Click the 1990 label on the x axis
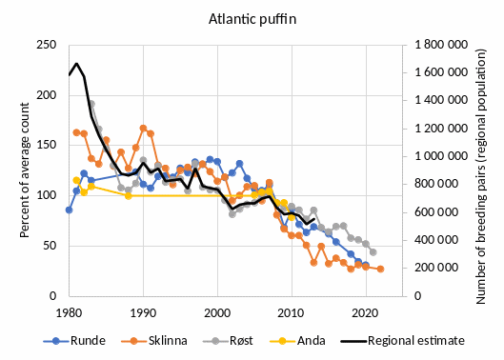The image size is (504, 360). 143,311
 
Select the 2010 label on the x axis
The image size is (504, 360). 292,311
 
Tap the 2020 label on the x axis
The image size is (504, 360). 366,311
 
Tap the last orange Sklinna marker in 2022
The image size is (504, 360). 380,269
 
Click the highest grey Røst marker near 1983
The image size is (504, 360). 91,104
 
